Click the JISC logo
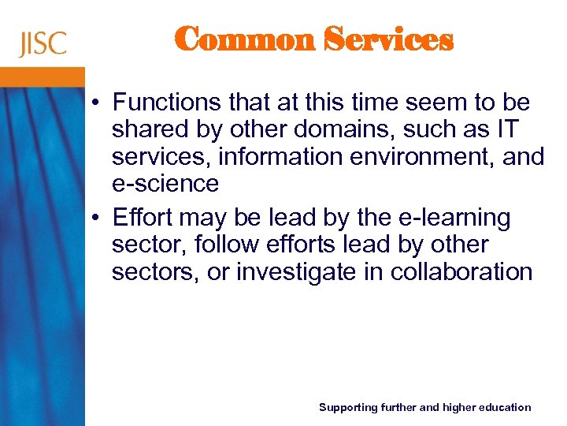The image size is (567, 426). pyautogui.click(x=43, y=43)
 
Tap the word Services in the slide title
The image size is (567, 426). pyautogui.click(x=390, y=39)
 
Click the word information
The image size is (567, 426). pyautogui.click(x=275, y=157)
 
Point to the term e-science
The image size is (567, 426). pyautogui.click(x=165, y=184)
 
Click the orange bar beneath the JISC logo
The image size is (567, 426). pyautogui.click(x=43, y=77)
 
